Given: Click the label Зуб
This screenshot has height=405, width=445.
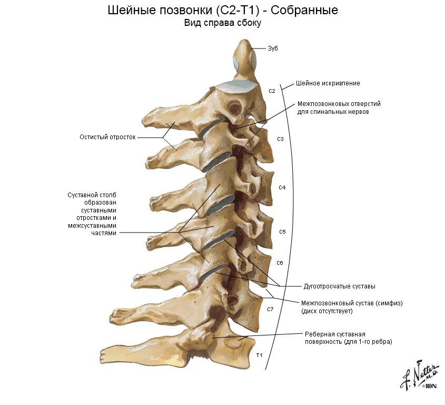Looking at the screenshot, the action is (272, 49).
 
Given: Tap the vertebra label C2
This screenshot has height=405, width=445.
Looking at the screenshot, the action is (272, 91).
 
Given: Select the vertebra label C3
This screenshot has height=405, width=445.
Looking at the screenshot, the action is (280, 139).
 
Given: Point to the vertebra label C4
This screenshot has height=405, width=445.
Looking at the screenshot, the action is (282, 188).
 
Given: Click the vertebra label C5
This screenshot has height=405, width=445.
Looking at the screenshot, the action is (282, 232).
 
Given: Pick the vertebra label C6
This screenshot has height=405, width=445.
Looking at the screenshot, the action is (280, 263).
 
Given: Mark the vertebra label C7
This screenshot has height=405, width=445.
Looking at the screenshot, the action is (270, 308).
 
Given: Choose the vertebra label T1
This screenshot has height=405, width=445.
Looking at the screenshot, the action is (259, 355).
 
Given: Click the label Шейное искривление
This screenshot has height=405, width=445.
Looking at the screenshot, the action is (328, 83).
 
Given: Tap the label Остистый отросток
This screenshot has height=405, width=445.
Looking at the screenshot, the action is (107, 137).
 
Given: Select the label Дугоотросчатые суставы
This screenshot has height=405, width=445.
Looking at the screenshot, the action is (339, 286).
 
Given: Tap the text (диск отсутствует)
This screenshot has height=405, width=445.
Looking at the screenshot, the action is (327, 311).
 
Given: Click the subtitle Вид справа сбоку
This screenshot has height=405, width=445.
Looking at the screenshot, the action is (222, 23).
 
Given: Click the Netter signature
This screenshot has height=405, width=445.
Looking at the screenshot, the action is (419, 375).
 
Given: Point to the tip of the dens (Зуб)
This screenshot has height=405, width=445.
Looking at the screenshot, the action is (243, 42).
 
